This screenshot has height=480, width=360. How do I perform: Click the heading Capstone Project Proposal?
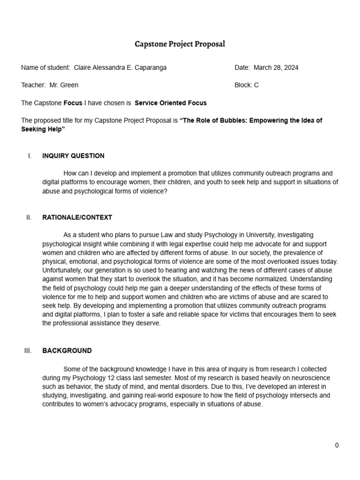point(180,45)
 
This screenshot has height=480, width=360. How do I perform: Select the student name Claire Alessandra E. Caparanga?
point(120,67)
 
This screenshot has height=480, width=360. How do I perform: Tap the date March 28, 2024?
point(276,67)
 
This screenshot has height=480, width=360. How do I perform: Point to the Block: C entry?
point(247,85)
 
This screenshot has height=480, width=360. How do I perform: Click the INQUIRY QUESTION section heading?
point(73,156)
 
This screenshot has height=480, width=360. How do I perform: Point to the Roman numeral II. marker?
point(29,217)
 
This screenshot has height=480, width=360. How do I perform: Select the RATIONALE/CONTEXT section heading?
point(77,217)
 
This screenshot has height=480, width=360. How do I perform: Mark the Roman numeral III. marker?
point(28,351)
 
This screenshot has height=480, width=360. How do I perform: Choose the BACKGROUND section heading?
point(67,351)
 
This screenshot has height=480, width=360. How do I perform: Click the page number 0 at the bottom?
point(337,445)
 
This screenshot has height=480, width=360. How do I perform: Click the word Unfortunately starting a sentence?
point(62,270)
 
